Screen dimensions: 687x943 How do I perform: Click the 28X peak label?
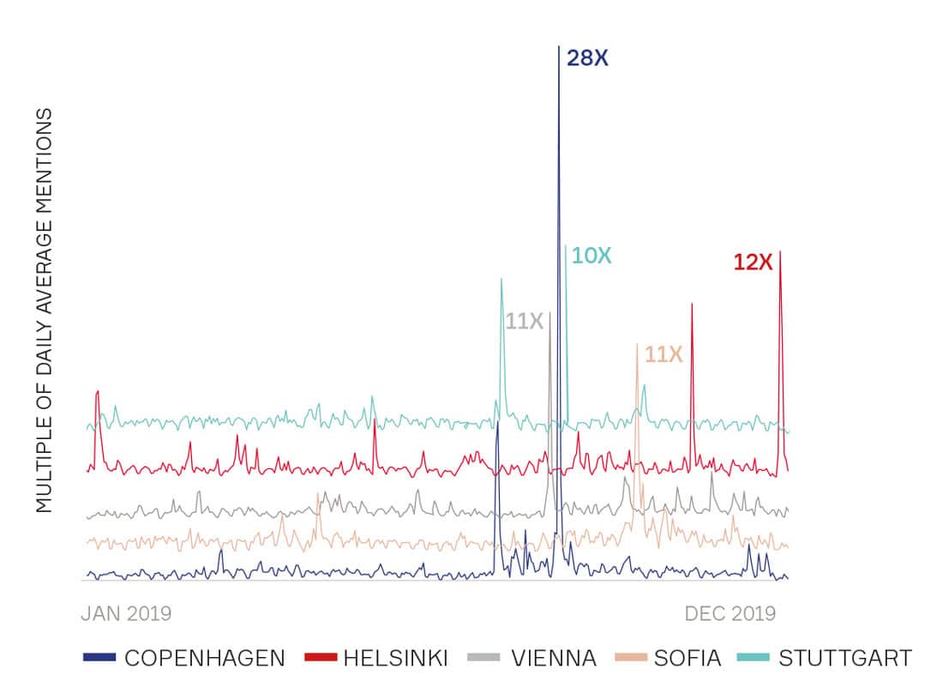point(587,59)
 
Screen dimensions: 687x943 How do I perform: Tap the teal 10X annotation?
point(592,256)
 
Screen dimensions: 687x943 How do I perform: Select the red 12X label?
point(753,262)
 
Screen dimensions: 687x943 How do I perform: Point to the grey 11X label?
point(525,322)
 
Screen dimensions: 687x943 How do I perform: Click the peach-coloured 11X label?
point(663,354)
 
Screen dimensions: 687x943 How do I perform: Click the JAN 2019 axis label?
point(126,614)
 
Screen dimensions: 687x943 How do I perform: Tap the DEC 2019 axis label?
point(730,614)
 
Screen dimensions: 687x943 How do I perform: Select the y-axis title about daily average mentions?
point(45,310)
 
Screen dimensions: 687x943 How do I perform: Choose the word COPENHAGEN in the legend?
point(205,659)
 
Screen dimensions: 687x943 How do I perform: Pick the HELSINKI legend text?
point(395,659)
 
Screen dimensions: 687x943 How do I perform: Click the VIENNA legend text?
point(554,659)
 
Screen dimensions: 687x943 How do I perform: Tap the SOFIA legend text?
point(688,659)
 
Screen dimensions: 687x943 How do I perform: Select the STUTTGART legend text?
point(845,659)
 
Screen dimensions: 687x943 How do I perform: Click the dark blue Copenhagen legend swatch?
point(99,658)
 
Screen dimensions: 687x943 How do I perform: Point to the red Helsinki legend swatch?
point(320,658)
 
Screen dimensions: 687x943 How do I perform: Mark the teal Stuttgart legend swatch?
point(754,658)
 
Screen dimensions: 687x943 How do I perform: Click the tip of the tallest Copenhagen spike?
point(559,46)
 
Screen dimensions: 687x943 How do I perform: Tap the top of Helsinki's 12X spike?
point(780,252)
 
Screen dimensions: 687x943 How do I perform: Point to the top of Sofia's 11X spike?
point(637,344)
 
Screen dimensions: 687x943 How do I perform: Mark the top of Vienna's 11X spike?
point(550,314)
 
